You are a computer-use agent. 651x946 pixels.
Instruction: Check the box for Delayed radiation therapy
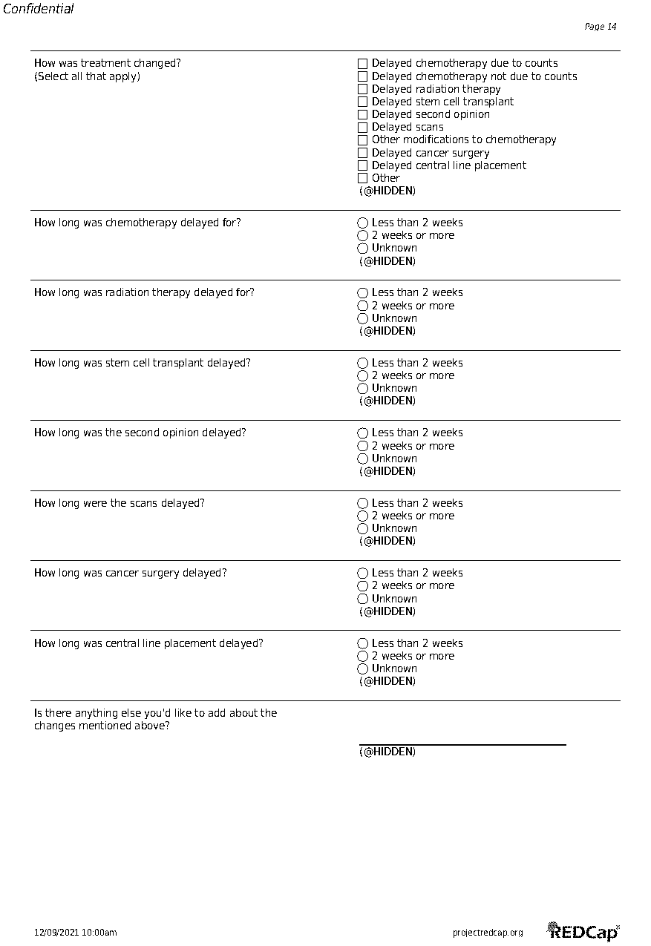(x=362, y=89)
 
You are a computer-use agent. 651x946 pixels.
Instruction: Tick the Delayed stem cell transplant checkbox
(x=362, y=102)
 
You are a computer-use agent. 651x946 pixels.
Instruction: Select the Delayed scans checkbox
(x=362, y=128)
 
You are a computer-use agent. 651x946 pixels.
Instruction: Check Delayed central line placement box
(x=362, y=165)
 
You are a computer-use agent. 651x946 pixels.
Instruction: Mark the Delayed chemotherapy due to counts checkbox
(x=362, y=64)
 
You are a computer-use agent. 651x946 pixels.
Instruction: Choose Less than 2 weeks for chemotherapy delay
(x=362, y=223)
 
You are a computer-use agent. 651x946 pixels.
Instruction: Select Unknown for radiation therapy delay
(x=362, y=318)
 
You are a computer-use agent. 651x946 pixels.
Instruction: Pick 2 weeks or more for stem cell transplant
(x=362, y=375)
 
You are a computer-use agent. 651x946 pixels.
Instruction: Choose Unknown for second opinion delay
(x=362, y=459)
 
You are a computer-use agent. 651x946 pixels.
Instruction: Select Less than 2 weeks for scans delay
(x=362, y=503)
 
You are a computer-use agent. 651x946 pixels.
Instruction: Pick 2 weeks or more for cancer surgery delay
(x=362, y=586)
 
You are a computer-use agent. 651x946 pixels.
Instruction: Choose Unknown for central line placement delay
(x=362, y=669)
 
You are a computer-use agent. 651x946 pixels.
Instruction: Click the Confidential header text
(x=39, y=9)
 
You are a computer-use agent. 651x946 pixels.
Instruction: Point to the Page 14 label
(x=601, y=27)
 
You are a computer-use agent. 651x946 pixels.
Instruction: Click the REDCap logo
(x=583, y=931)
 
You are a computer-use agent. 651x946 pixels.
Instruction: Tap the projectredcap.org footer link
(x=488, y=933)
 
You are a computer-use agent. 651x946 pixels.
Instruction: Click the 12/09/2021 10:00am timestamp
(x=76, y=933)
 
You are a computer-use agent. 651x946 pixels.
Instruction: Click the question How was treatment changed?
(x=108, y=63)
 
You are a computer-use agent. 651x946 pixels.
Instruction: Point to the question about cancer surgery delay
(x=131, y=573)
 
